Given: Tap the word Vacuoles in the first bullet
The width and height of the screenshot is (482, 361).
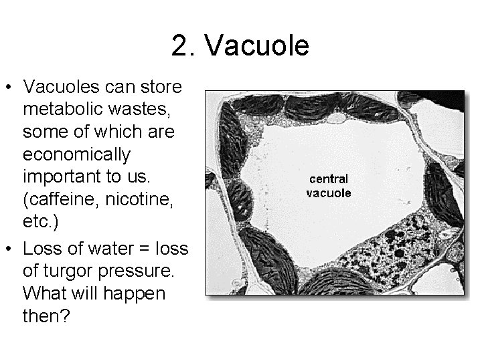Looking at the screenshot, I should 66,87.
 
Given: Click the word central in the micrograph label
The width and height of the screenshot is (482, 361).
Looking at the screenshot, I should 328,178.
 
